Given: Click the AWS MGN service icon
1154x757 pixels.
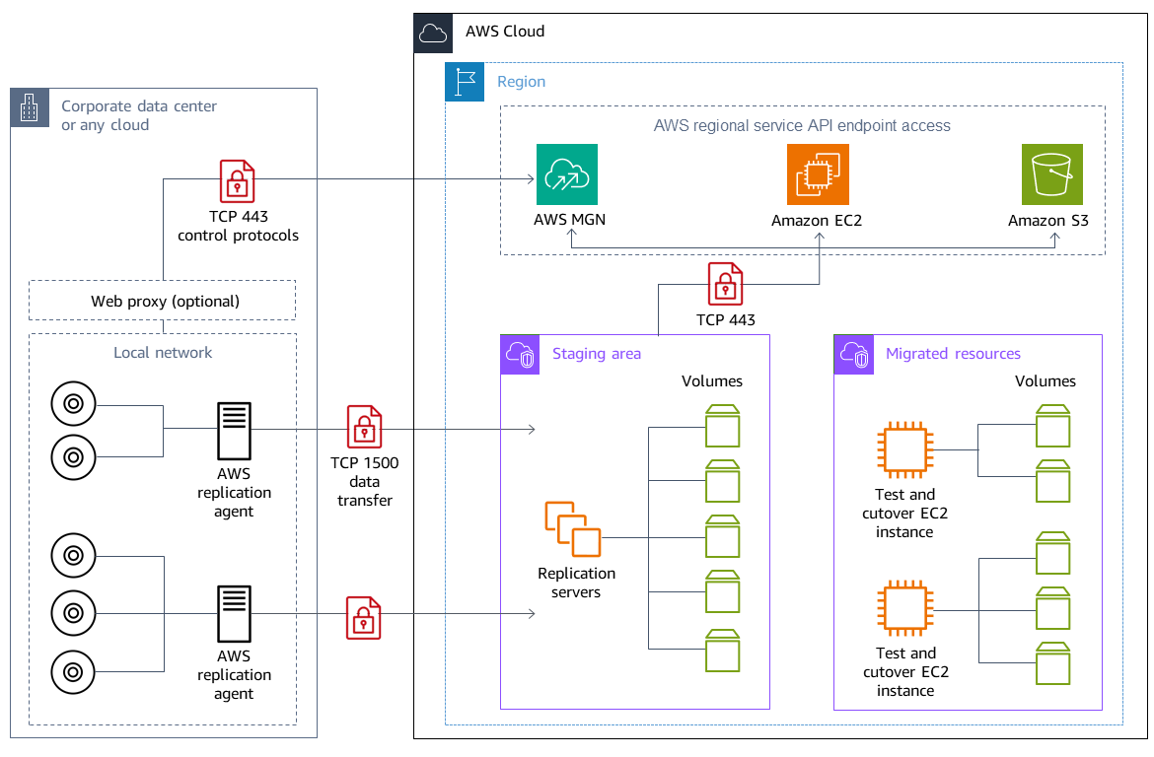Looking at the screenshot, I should pos(567,174).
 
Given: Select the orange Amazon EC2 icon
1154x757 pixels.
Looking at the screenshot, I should pos(818,174).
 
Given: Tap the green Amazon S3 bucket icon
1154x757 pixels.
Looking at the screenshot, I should pos(1051,174).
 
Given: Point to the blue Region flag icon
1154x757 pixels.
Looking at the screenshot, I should pos(464,82).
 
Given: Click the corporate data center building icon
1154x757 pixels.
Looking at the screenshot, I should pos(30,107).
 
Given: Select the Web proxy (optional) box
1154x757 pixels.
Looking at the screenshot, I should pos(164,301).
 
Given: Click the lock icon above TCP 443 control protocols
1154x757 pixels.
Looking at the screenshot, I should pos(237,181).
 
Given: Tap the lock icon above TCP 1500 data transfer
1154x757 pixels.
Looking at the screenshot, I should pos(364,427).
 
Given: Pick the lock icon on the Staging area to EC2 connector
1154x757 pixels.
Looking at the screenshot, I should pos(726,284).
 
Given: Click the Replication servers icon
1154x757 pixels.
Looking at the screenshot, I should pos(573,530).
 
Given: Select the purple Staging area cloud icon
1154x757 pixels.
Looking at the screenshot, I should pos(520,354).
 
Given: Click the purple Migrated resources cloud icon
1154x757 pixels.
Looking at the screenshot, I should pos(853,354).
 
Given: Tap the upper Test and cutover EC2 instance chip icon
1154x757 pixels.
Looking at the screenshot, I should pos(905,449).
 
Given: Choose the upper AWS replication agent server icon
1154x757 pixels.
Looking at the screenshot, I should pos(234,429).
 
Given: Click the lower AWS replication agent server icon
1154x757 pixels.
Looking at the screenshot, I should pos(234,613).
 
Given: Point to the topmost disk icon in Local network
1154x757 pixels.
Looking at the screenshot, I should pos(73,403).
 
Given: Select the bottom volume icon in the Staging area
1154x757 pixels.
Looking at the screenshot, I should pos(723,650).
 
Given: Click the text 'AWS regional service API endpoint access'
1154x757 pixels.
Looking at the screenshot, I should pos(801,126).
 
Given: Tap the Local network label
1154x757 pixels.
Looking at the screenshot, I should pos(163,352).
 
